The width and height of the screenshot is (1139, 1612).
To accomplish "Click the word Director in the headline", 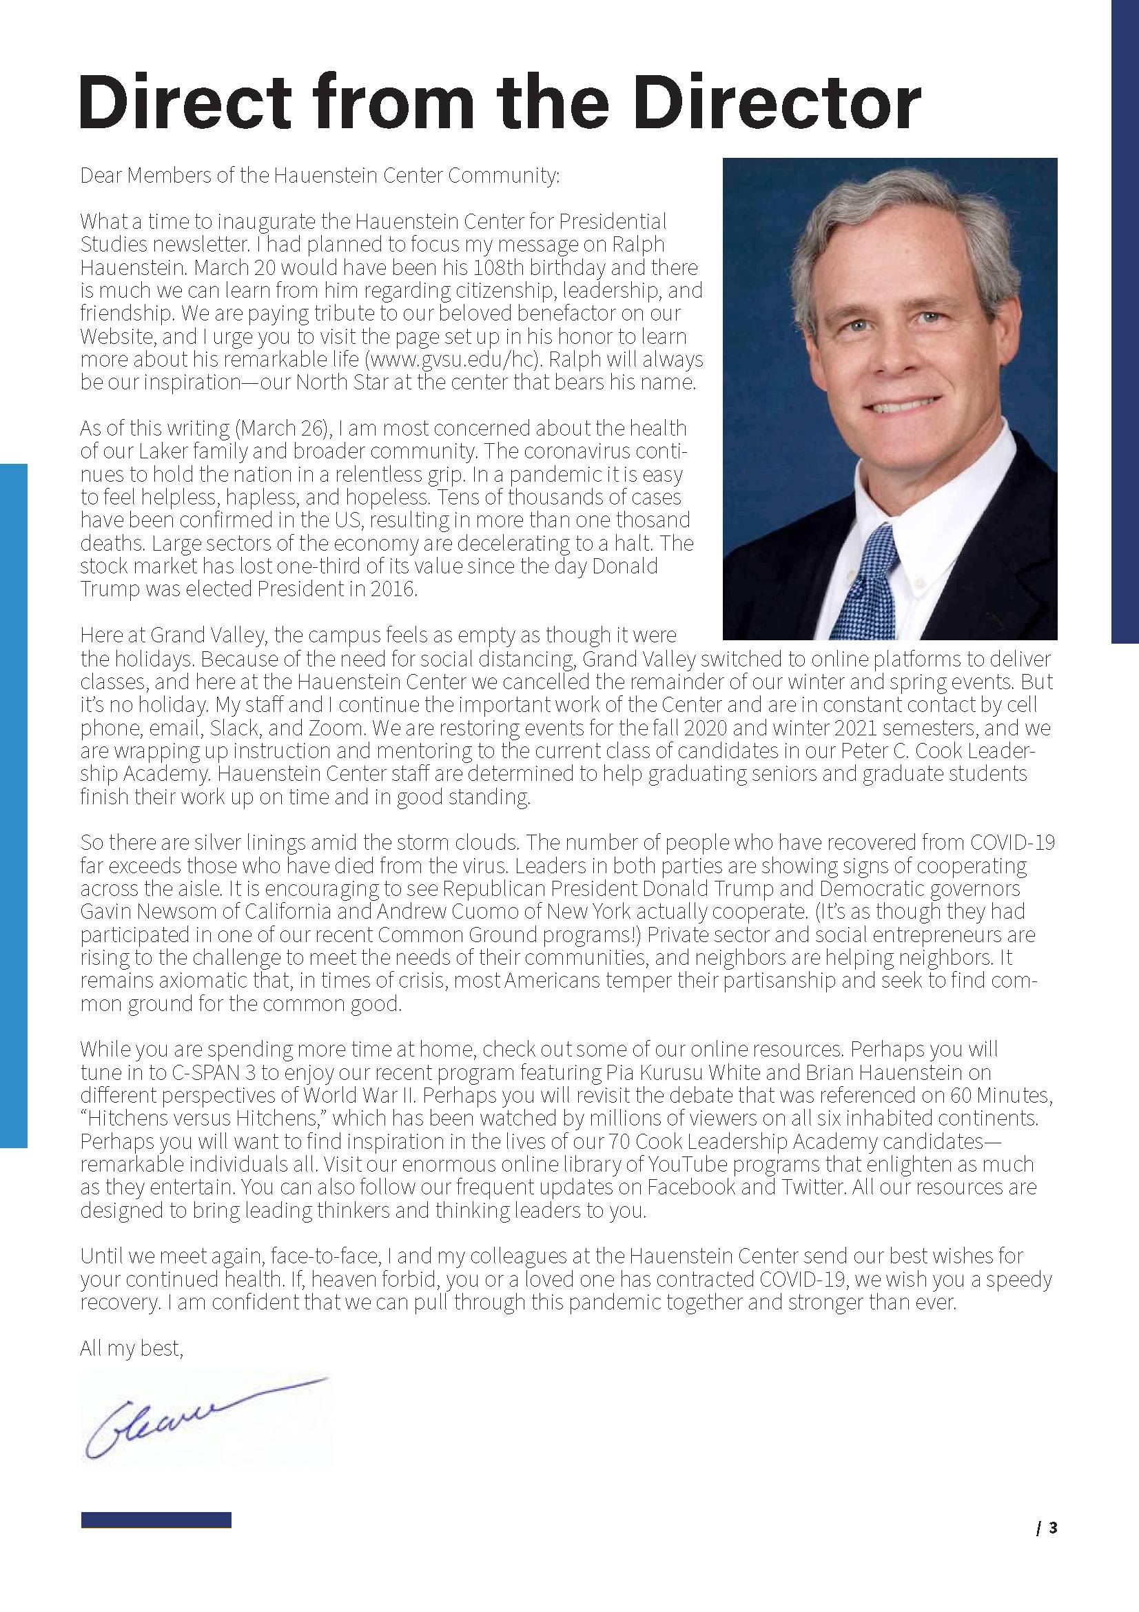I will pos(777,103).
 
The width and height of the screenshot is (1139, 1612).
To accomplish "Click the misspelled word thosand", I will pos(655,520).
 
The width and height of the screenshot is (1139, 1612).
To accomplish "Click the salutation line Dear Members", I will pos(320,175).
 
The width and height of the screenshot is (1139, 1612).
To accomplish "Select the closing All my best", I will pos(132,1348).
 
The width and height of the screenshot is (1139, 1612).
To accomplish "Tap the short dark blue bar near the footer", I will pos(156,1520).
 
